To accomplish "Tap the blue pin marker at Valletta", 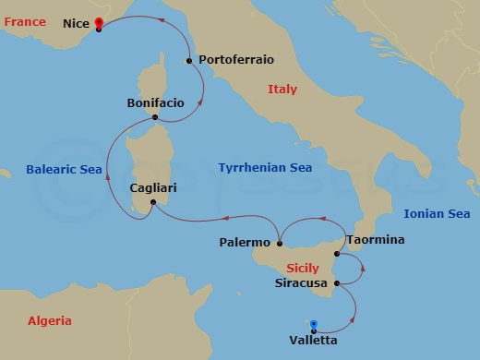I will pyautogui.click(x=314, y=325).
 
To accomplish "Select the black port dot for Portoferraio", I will pyautogui.click(x=189, y=61).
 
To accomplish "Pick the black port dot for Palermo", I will pyautogui.click(x=279, y=244).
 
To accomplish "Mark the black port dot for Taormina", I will pyautogui.click(x=338, y=254).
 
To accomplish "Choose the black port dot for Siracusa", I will pyautogui.click(x=337, y=282).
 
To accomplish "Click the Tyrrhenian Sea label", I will pyautogui.click(x=265, y=168).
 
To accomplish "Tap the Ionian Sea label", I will pyautogui.click(x=437, y=214).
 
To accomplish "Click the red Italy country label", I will pyautogui.click(x=282, y=90).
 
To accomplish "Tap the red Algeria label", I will pyautogui.click(x=49, y=321).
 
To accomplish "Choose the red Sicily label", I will pyautogui.click(x=303, y=269).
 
